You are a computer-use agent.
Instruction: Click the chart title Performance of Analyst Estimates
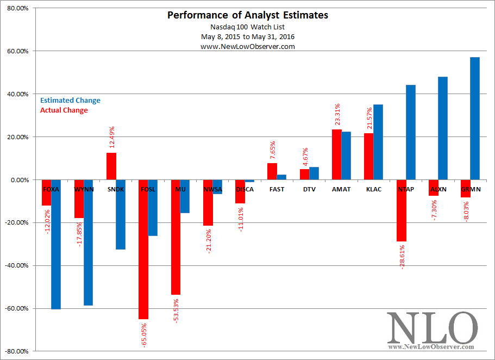click(247, 15)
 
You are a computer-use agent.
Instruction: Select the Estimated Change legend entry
click(71, 101)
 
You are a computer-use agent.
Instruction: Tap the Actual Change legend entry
click(64, 110)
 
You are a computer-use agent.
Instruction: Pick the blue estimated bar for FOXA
click(55, 244)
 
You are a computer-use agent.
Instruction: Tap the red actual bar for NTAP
click(402, 210)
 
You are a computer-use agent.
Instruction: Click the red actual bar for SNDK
click(111, 166)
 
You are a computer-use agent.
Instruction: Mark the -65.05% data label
click(143, 334)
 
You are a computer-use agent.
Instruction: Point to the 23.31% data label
click(337, 115)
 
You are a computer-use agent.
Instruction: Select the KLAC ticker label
click(374, 189)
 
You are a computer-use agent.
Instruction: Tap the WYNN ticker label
click(83, 189)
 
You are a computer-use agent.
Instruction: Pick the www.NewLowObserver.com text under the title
click(247, 47)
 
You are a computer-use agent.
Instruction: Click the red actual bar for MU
click(176, 237)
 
